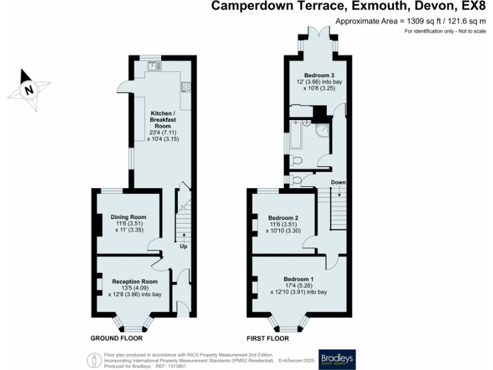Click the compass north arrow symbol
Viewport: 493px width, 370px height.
point(28,90)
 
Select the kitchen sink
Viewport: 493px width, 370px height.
point(153,65)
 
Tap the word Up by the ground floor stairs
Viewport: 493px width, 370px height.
point(184,246)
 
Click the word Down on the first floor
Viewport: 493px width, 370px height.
point(338,182)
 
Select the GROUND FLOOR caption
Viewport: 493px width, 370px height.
point(117,337)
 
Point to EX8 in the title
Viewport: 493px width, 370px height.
point(474,7)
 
